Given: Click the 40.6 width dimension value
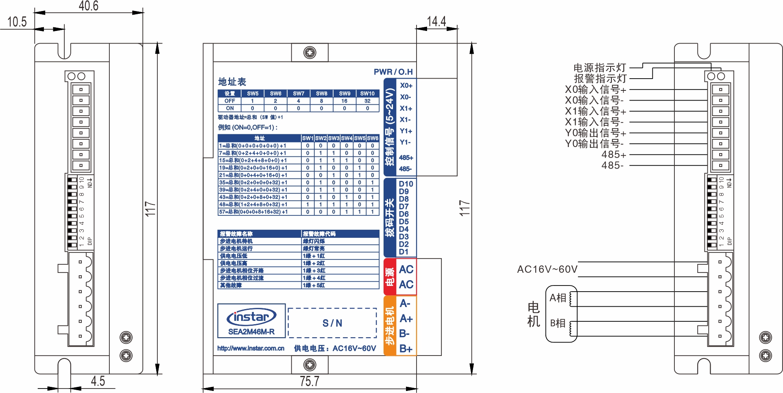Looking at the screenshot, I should point(88,6).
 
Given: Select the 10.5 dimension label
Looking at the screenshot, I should point(17,22).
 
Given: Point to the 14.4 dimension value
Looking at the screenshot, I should point(436,21).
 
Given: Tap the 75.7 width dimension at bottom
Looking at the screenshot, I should point(310,381).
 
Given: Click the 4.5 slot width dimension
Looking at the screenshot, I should point(98,381).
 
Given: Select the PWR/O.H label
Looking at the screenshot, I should point(393,72).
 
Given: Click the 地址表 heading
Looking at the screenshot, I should point(232,82).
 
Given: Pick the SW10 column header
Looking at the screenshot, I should point(367,93).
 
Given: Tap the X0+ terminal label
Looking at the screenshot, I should point(406,86).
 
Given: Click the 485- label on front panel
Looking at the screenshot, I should point(405,169).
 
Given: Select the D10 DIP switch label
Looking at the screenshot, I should point(406,184).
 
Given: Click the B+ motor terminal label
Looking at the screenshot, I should point(406,349).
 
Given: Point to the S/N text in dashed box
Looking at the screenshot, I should point(332,323).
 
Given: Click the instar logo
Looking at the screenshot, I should point(251,317).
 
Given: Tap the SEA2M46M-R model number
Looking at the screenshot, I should point(251,332).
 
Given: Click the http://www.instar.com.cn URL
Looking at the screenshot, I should point(251,348).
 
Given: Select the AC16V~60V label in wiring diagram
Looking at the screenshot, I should point(547,269).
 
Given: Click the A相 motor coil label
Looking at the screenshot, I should point(558,298).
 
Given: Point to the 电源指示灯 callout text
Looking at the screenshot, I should point(599,68).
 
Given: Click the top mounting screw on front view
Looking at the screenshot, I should point(310,53).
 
